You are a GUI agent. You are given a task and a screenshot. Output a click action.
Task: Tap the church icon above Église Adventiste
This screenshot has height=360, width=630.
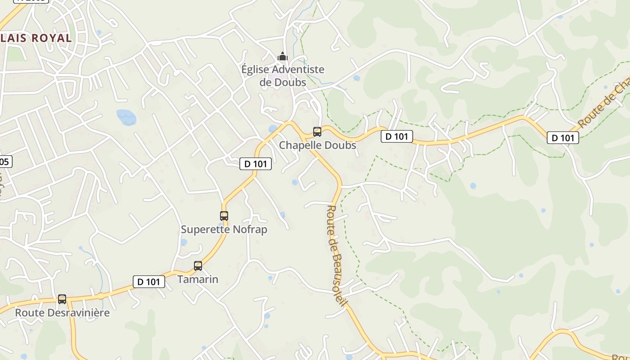(x=283, y=57)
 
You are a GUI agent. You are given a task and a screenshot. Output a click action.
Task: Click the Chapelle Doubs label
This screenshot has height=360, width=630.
(x=318, y=145)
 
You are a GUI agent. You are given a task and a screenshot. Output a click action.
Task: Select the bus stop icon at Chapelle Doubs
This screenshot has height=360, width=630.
(x=317, y=132)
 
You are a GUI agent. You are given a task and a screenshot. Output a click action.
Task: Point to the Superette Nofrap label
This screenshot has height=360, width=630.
(x=224, y=229)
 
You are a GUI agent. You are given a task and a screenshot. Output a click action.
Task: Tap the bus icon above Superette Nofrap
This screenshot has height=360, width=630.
(x=224, y=216)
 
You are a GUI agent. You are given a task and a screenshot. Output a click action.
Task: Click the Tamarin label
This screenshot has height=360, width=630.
(x=198, y=279)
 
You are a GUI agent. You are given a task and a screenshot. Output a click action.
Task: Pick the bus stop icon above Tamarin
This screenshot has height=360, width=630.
(x=198, y=266)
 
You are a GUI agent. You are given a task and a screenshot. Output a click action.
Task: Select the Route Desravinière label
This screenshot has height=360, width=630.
(x=63, y=312)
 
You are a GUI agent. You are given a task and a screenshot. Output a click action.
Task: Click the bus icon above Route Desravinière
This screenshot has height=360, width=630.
(x=62, y=299)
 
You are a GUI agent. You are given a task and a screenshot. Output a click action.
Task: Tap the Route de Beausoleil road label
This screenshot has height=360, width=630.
(x=337, y=255)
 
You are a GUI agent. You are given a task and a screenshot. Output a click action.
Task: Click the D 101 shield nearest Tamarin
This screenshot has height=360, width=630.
(x=149, y=282)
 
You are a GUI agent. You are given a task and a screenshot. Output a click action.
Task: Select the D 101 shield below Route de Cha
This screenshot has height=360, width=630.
(x=563, y=138)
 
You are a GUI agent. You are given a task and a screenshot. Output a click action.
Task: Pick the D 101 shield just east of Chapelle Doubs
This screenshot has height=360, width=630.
(x=397, y=136)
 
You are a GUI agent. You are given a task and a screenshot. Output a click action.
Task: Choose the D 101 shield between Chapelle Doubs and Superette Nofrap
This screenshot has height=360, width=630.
(x=256, y=164)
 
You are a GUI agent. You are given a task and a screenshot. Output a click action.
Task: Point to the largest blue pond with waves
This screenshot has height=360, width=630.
(x=126, y=117)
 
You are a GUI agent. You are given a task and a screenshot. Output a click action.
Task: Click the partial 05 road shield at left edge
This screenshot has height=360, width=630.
(x=5, y=162)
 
